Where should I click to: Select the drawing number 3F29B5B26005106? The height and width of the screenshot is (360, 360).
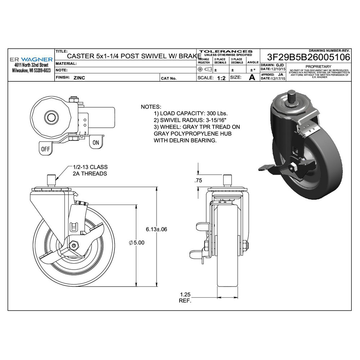[309, 57]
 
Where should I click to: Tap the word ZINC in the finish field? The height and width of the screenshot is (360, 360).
[79, 78]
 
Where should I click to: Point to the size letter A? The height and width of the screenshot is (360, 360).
[252, 77]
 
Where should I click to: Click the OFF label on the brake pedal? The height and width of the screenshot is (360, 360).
[45, 148]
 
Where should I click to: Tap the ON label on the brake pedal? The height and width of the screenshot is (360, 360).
[96, 143]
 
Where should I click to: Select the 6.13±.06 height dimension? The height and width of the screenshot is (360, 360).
[157, 229]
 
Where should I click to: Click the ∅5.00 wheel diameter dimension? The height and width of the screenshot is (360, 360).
[136, 243]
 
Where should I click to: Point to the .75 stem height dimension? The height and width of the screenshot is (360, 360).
[198, 181]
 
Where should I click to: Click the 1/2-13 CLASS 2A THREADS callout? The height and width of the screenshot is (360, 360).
[90, 170]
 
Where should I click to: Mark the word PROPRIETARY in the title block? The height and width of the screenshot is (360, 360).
[318, 67]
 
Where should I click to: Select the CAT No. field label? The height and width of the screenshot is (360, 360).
[168, 78]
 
